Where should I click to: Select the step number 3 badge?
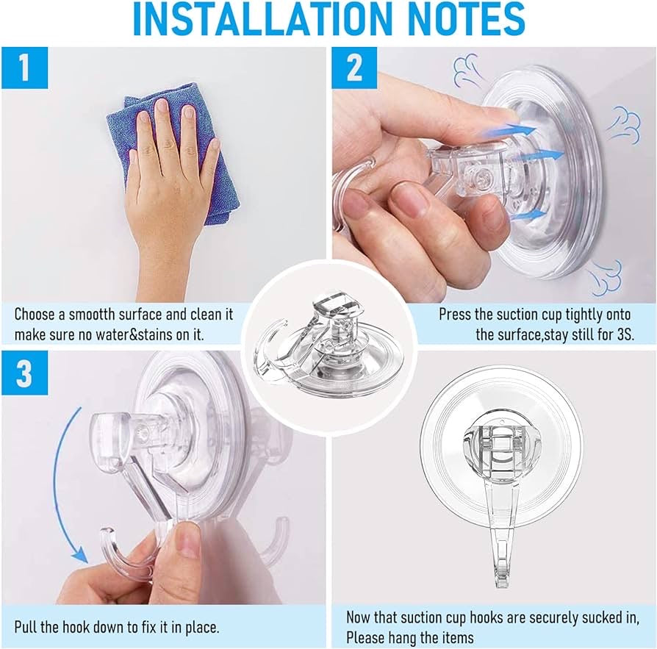24,374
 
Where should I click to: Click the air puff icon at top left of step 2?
467,71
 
